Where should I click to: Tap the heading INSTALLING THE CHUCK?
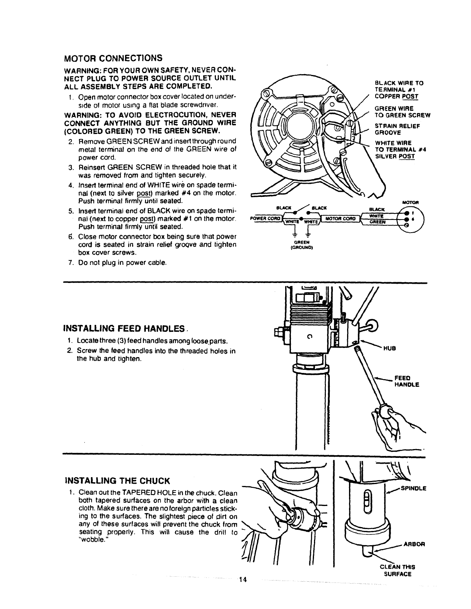pyautogui.click(x=117, y=481)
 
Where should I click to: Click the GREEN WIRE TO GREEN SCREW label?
pyautogui.click(x=403, y=111)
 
